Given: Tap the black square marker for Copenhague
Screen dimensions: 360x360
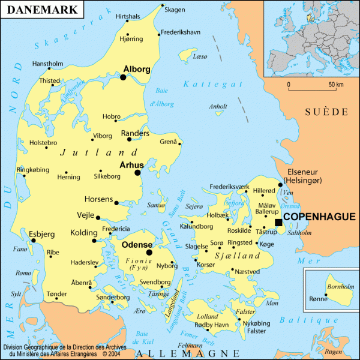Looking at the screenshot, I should (278, 223).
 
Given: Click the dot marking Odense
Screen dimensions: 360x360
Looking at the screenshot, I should (149, 253).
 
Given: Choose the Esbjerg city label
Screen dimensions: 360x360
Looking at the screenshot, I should (41, 234).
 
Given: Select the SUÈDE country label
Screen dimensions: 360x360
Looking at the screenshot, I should (326, 112).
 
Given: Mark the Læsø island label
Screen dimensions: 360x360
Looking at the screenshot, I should (200, 56).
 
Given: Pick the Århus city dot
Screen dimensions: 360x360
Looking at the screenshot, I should (137, 173).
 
